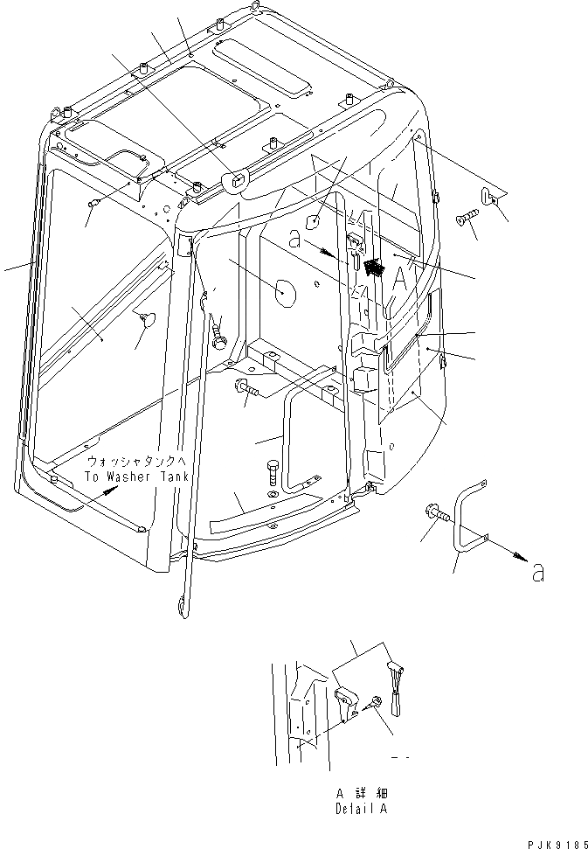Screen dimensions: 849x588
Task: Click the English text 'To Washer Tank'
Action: coord(132,477)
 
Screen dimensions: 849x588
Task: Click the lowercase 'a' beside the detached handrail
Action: coord(539,573)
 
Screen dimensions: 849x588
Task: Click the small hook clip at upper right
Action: coord(489,196)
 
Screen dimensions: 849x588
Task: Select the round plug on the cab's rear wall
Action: coord(283,292)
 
